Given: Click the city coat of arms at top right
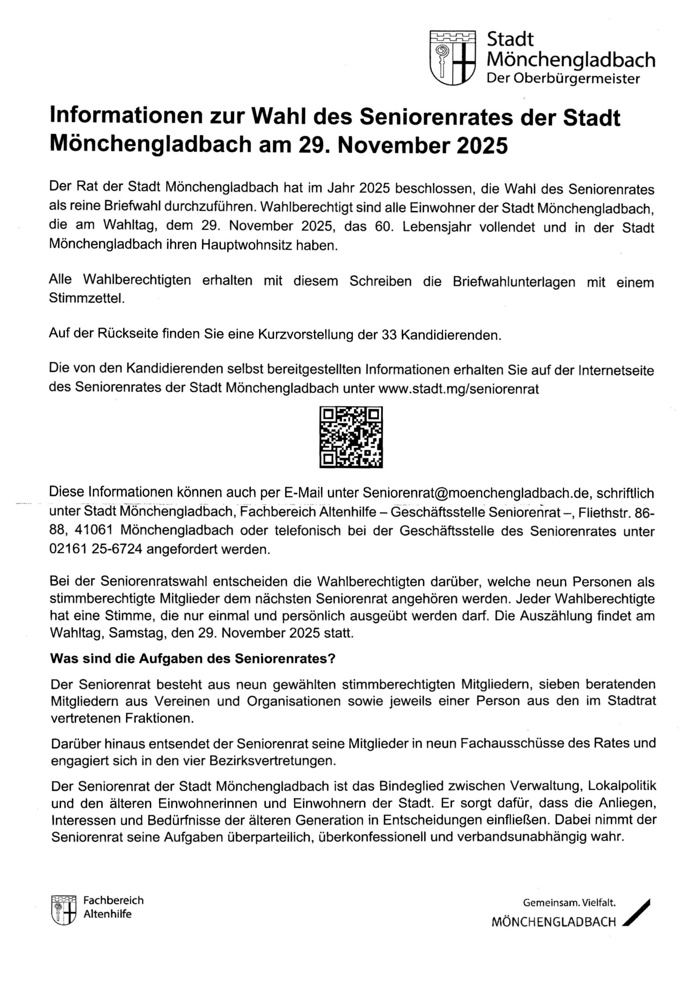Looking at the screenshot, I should point(453,57).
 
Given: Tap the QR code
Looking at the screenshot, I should point(351,436).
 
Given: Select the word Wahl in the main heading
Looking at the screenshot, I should point(280,117).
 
